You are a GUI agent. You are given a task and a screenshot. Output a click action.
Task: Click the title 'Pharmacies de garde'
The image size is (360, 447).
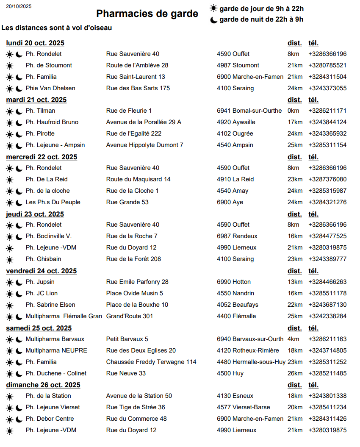(147, 14)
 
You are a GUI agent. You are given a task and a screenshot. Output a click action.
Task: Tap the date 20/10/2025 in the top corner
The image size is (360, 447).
(19, 6)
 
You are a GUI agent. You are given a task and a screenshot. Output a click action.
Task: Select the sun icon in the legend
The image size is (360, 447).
(213, 8)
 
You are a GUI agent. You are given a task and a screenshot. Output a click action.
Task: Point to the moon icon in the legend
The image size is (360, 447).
(213, 19)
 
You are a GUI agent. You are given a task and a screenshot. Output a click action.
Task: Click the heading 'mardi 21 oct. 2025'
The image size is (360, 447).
(36, 100)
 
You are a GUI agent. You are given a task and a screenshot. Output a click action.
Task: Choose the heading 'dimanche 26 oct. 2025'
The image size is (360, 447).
(43, 385)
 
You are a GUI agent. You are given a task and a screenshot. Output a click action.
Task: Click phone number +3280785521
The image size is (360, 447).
(327, 65)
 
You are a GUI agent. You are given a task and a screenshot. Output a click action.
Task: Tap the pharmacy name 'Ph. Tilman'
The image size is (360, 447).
(40, 111)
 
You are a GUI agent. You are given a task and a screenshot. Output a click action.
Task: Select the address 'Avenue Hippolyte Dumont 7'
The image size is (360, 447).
(144, 145)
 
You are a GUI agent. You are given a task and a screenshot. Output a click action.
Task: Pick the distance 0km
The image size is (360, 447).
(293, 111)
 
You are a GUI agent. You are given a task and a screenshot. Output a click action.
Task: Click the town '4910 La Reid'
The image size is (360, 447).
(235, 179)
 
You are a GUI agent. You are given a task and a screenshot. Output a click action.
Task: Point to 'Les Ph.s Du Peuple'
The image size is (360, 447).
(53, 202)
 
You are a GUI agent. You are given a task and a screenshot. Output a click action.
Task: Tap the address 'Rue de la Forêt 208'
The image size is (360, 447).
(133, 259)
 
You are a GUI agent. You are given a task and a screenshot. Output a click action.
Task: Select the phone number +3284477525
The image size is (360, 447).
(327, 236)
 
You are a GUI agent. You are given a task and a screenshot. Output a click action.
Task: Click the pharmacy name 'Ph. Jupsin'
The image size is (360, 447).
(40, 282)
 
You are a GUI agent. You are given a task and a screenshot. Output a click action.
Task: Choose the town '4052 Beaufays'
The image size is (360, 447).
(237, 305)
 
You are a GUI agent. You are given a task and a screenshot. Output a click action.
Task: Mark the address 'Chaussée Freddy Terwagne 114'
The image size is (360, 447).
(151, 362)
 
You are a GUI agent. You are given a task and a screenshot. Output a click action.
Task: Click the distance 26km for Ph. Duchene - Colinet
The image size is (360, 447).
(295, 373)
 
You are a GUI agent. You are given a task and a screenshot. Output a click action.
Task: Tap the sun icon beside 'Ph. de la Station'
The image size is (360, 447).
(10, 396)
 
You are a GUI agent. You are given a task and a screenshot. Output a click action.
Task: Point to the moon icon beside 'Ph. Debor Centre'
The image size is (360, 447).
(19, 419)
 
